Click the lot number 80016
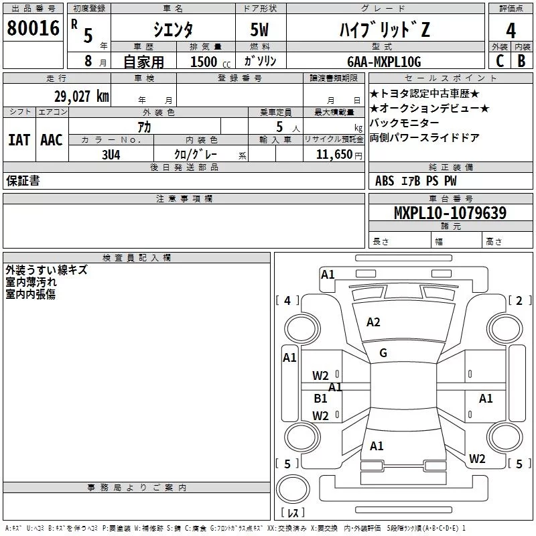point(33,28)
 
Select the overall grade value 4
point(511,31)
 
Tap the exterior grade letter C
point(500,61)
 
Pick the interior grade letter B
point(521,61)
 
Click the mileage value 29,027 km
point(82,96)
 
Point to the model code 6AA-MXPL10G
point(384,62)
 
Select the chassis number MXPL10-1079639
point(450,212)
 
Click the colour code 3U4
point(111,155)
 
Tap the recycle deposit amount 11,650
point(334,155)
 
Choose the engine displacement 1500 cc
point(210,62)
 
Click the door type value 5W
point(259,29)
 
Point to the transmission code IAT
point(19,140)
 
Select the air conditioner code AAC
point(52,140)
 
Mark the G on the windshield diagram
point(383,353)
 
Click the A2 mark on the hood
point(373,322)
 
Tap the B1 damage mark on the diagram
point(320,398)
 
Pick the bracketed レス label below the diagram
point(293,513)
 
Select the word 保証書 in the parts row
point(23,180)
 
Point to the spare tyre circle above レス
point(293,489)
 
